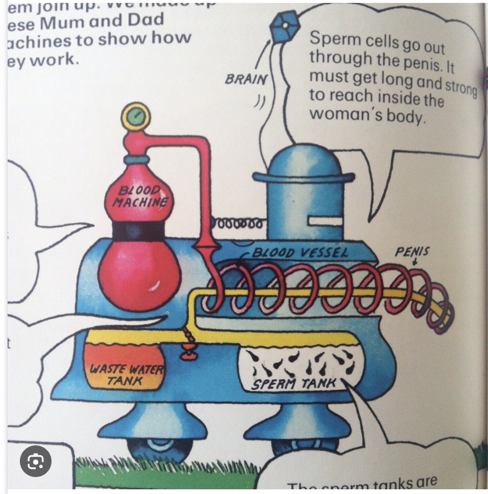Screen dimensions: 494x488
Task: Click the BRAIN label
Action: point(246,79)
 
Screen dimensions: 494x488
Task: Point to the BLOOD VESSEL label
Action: point(300,253)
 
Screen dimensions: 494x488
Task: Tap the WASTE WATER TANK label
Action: point(126,375)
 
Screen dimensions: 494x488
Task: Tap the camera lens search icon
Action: point(36,462)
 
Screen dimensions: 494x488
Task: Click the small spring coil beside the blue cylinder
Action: point(238,224)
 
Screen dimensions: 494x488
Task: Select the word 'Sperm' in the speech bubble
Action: point(331,39)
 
